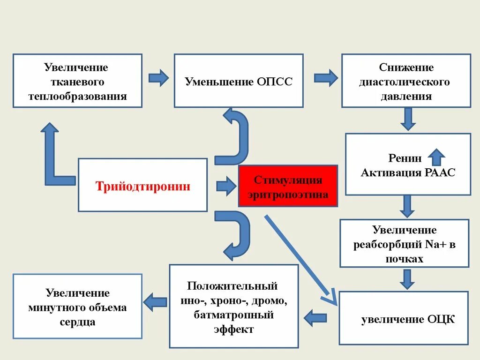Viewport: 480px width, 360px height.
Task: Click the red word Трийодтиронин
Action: [143, 187]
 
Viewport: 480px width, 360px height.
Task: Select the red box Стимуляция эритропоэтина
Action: [288, 186]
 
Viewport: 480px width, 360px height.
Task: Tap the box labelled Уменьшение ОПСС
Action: [239, 81]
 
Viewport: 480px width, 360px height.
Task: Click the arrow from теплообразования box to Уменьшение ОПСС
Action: [158, 78]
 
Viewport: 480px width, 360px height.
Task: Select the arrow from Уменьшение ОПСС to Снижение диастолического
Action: [325, 78]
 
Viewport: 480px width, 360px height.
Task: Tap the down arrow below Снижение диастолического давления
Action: [408, 119]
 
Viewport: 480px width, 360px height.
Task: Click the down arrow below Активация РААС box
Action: [407, 206]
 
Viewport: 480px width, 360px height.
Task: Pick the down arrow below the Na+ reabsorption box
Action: [407, 278]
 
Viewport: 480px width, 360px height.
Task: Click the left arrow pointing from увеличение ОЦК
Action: [315, 318]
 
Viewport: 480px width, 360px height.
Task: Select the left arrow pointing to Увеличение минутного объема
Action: [155, 302]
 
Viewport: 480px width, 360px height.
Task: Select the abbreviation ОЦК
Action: [441, 320]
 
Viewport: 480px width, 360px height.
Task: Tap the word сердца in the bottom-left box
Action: [78, 322]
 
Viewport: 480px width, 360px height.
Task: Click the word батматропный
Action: [233, 315]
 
